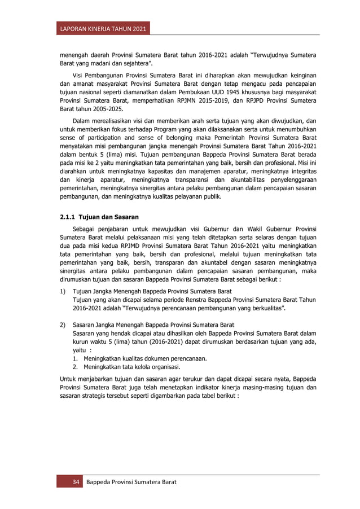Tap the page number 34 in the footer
74,482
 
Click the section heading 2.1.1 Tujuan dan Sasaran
99,217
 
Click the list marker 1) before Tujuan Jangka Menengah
63,291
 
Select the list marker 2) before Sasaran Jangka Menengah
63,325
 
